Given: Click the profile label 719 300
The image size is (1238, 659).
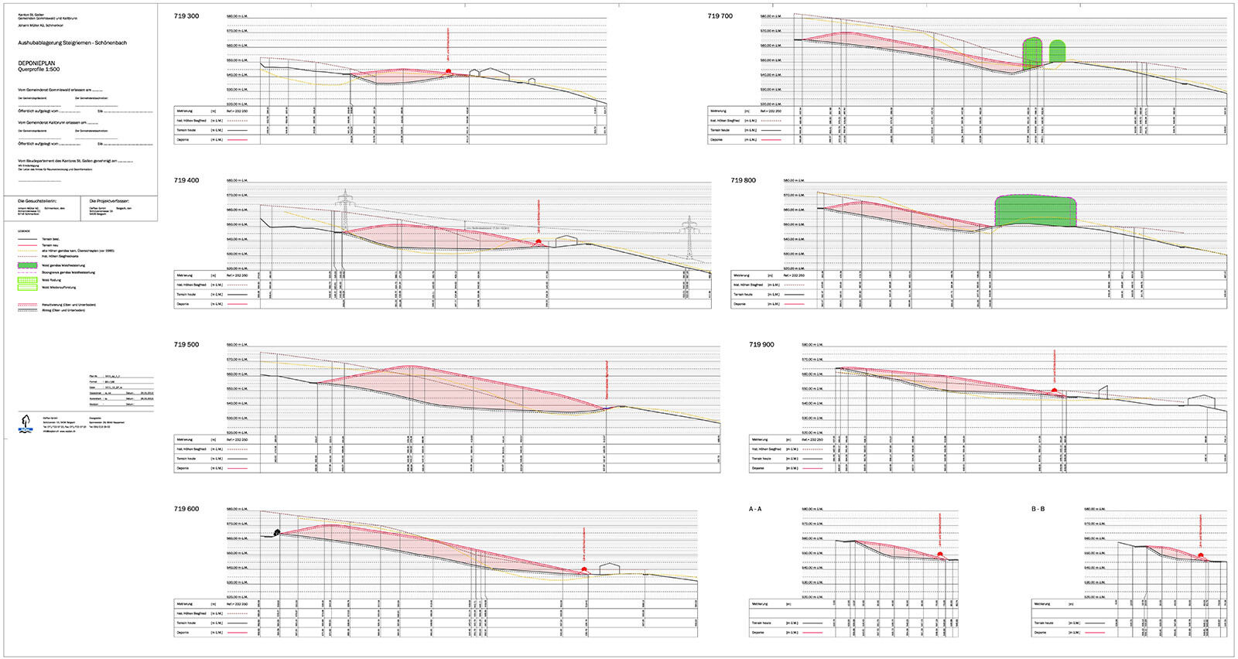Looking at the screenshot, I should pos(186,16).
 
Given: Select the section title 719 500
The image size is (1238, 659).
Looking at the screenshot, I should pos(186,345).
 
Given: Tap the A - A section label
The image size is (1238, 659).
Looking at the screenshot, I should pos(755,509).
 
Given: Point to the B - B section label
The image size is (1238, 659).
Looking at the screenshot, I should pos(1038,509).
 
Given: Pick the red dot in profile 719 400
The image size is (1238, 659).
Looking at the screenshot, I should pos(539,242).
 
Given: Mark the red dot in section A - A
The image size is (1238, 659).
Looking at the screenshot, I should pos(940,555).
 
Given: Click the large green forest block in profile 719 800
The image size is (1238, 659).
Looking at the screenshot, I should pos(1035,210).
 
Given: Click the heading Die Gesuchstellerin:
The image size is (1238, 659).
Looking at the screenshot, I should pos(37,201).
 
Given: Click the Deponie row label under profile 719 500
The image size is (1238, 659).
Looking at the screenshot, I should pos(183,468).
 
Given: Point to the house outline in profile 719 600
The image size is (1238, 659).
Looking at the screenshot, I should pos(610,569).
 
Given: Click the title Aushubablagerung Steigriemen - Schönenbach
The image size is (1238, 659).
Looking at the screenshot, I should pos(72,43).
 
